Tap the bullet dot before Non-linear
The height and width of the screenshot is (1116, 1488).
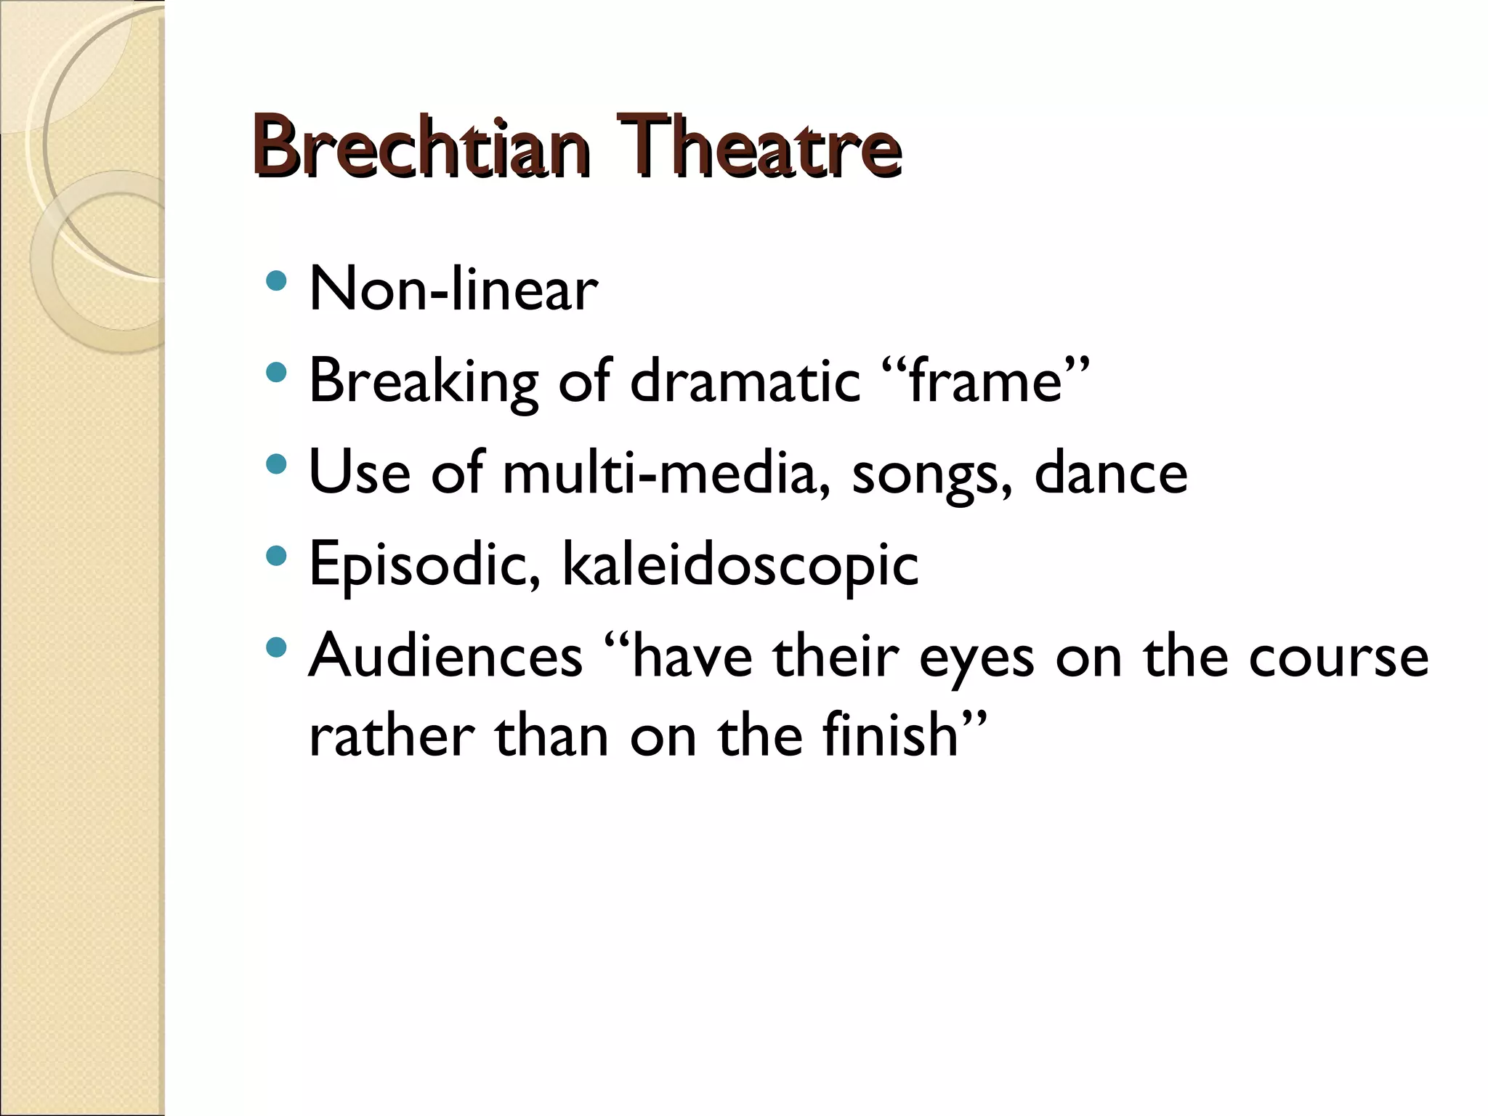coord(276,280)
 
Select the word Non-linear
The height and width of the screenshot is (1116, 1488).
coord(453,290)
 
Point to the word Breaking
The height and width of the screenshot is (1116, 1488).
coord(424,381)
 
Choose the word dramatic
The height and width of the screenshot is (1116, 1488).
coord(745,381)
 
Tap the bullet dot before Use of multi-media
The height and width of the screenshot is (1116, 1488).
coord(276,464)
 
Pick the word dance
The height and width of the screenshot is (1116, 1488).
coord(1111,474)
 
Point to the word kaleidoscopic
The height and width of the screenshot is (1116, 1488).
coord(740,565)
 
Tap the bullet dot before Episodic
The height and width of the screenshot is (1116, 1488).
coord(276,556)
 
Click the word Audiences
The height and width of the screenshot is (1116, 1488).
coord(445,657)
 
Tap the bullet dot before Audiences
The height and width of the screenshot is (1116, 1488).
coord(276,647)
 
